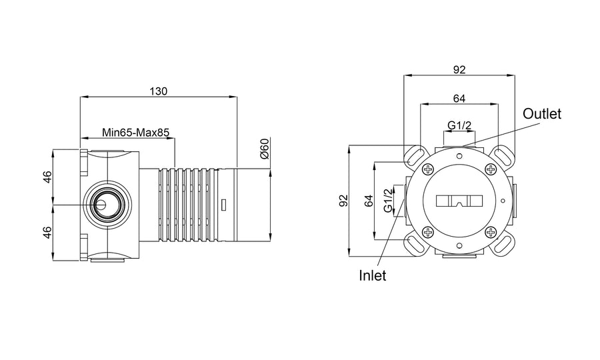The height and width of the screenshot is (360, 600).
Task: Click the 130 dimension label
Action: [159, 91]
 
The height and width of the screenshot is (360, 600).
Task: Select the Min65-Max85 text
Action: [135, 133]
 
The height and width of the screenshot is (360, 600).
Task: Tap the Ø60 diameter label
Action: [265, 149]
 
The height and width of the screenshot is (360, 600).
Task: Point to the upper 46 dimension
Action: [47, 177]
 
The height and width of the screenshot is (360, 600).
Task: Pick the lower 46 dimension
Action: [47, 233]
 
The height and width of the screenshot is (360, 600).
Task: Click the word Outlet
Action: [542, 113]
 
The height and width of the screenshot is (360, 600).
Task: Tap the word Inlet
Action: [372, 275]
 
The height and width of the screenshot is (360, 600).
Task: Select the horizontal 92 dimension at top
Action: [459, 69]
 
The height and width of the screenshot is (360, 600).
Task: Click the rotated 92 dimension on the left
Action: [345, 201]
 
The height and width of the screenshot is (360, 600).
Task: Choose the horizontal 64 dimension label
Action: [459, 99]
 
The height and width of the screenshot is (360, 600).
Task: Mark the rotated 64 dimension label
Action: [369, 201]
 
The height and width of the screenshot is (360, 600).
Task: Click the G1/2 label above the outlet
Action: [459, 125]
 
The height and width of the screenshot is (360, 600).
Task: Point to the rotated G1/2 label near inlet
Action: [388, 201]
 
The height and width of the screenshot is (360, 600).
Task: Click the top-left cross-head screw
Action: [428, 169]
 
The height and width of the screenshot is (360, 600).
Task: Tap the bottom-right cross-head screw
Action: [491, 232]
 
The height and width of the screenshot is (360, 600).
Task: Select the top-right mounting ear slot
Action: [501, 156]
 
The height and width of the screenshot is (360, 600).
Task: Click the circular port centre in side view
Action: [101, 205]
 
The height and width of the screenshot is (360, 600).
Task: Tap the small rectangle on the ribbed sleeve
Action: [224, 205]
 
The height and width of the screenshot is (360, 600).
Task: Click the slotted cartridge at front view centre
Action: [459, 201]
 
